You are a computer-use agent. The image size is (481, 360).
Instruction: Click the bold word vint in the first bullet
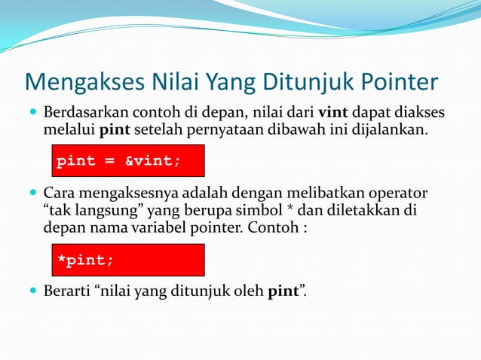pyautogui.click(x=333, y=113)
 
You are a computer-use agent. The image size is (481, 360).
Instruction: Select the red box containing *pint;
pyautogui.click(x=127, y=260)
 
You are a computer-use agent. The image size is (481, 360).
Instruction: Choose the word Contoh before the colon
pyautogui.click(x=274, y=227)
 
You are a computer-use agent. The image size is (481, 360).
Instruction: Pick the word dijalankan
pyautogui.click(x=390, y=131)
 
